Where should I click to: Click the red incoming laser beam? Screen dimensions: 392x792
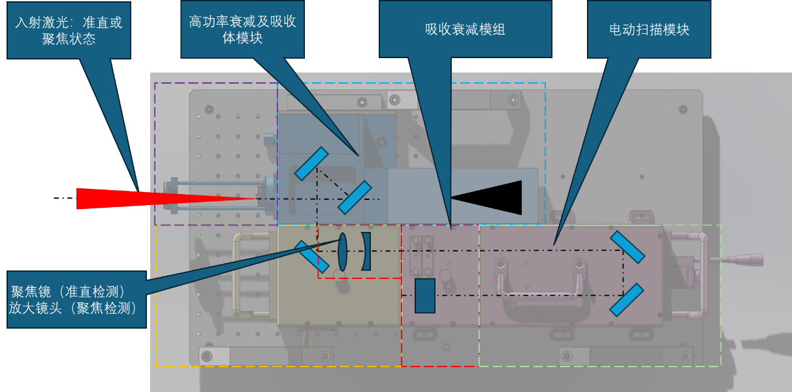[131, 198]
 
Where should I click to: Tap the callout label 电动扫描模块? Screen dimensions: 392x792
[649, 29]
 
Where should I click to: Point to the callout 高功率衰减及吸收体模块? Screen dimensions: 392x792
[242, 29]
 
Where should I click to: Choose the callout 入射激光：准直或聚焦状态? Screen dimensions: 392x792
[69, 30]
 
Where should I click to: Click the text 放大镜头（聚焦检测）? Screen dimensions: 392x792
[72, 308]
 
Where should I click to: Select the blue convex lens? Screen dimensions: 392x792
[343, 252]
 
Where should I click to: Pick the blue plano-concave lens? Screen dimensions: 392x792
[366, 252]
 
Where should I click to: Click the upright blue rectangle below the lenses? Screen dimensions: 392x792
[425, 295]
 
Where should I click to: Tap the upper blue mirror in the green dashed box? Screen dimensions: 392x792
[627, 247]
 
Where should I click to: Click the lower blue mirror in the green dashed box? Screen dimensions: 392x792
[627, 299]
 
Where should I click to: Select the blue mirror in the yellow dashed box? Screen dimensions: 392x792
[312, 256]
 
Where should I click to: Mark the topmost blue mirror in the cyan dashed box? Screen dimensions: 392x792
[311, 163]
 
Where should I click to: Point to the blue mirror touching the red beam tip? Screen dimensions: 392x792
[355, 197]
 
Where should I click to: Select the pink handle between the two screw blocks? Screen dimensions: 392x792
[539, 294]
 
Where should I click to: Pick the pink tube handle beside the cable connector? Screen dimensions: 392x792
[702, 274]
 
